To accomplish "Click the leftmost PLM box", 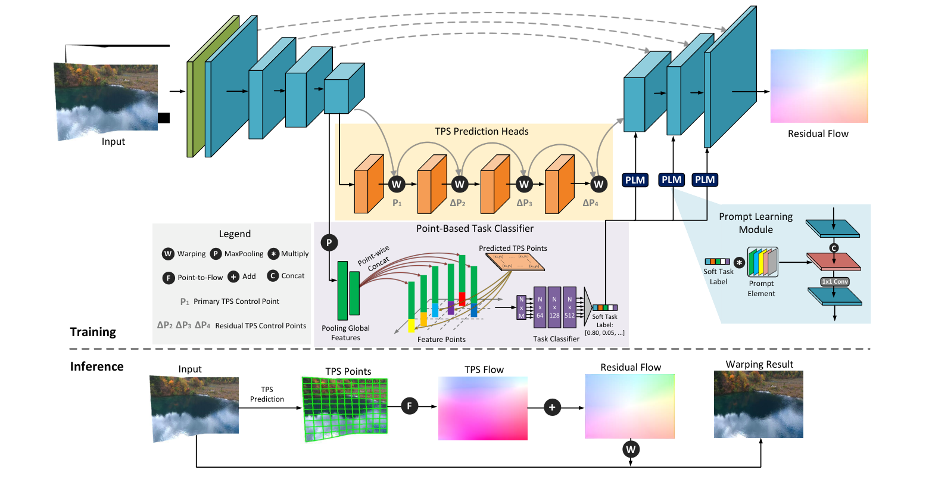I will click(635, 180).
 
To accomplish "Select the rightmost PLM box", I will click(704, 180).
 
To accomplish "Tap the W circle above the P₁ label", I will click(396, 184).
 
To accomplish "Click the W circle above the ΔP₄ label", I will click(598, 184).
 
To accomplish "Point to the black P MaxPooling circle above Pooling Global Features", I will click(329, 243).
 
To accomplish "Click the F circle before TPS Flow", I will click(409, 406).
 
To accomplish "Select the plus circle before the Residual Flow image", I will click(552, 408).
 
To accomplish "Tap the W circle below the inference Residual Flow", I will click(630, 449).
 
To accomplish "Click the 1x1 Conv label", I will click(834, 282).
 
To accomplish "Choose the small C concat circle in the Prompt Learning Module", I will click(834, 248).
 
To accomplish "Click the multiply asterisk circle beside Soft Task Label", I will click(739, 262).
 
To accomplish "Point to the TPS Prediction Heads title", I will click(481, 132).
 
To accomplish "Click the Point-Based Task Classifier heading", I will click(474, 229).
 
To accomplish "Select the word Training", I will click(93, 332).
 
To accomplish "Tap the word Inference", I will click(96, 366).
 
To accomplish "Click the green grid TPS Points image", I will click(345, 409).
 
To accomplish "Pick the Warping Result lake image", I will click(758, 405).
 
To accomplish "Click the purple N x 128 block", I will click(554, 307).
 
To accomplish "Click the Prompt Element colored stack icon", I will click(763, 262).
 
